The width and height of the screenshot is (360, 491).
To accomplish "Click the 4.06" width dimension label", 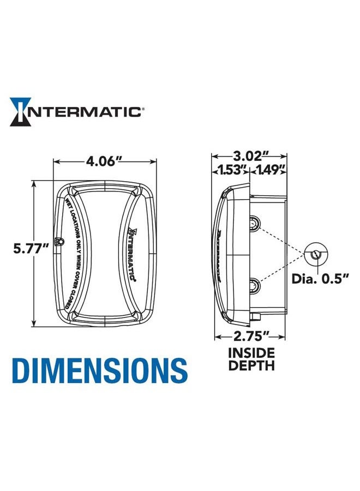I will [x=104, y=161].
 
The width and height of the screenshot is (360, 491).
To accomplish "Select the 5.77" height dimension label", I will [x=31, y=249].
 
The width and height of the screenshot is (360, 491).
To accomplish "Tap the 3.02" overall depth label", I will [x=250, y=155].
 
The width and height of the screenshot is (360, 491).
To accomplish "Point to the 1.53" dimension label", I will [x=232, y=170].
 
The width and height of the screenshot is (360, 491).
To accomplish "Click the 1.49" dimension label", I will [x=269, y=170].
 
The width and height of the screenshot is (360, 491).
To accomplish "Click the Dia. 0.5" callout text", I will [x=326, y=279].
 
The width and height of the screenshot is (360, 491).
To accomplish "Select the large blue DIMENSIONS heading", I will [x=100, y=370].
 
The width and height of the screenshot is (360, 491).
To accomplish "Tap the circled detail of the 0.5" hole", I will [x=315, y=254].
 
